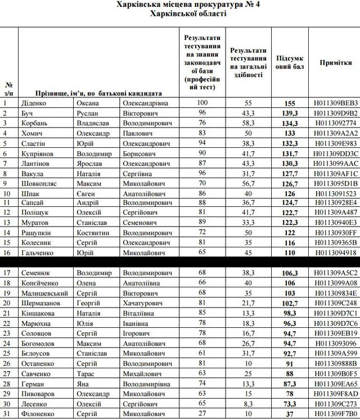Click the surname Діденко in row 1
coord(33,103)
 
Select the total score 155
coord(290,103)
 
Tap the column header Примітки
coord(336,63)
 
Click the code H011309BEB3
coord(336,103)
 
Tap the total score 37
coord(290,414)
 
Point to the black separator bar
coord(180,261)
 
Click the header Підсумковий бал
coord(290,63)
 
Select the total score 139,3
coord(290,114)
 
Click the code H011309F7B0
coord(336,414)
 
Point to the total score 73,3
coord(290,404)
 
